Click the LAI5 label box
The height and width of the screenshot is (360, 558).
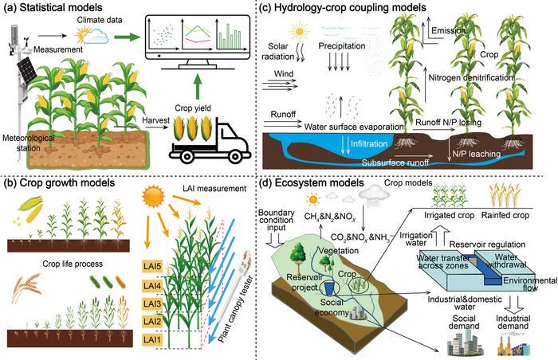point(152,267)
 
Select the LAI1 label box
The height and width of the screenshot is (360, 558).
point(152,340)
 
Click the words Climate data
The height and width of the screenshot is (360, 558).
point(100,20)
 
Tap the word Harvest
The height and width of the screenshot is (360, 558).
point(156,120)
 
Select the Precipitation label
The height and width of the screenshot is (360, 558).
point(342,46)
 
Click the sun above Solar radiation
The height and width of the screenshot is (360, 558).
point(300,31)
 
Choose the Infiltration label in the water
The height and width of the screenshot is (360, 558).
point(369,143)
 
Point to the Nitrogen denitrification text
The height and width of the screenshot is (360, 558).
point(471,77)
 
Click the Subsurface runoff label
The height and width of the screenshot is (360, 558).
point(395,162)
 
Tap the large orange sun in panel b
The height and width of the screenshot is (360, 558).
point(153,197)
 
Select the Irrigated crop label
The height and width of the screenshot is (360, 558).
point(449,215)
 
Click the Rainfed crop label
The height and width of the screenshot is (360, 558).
point(505,215)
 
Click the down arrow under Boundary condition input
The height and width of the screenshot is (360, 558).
point(276,240)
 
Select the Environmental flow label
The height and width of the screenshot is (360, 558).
point(530,284)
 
